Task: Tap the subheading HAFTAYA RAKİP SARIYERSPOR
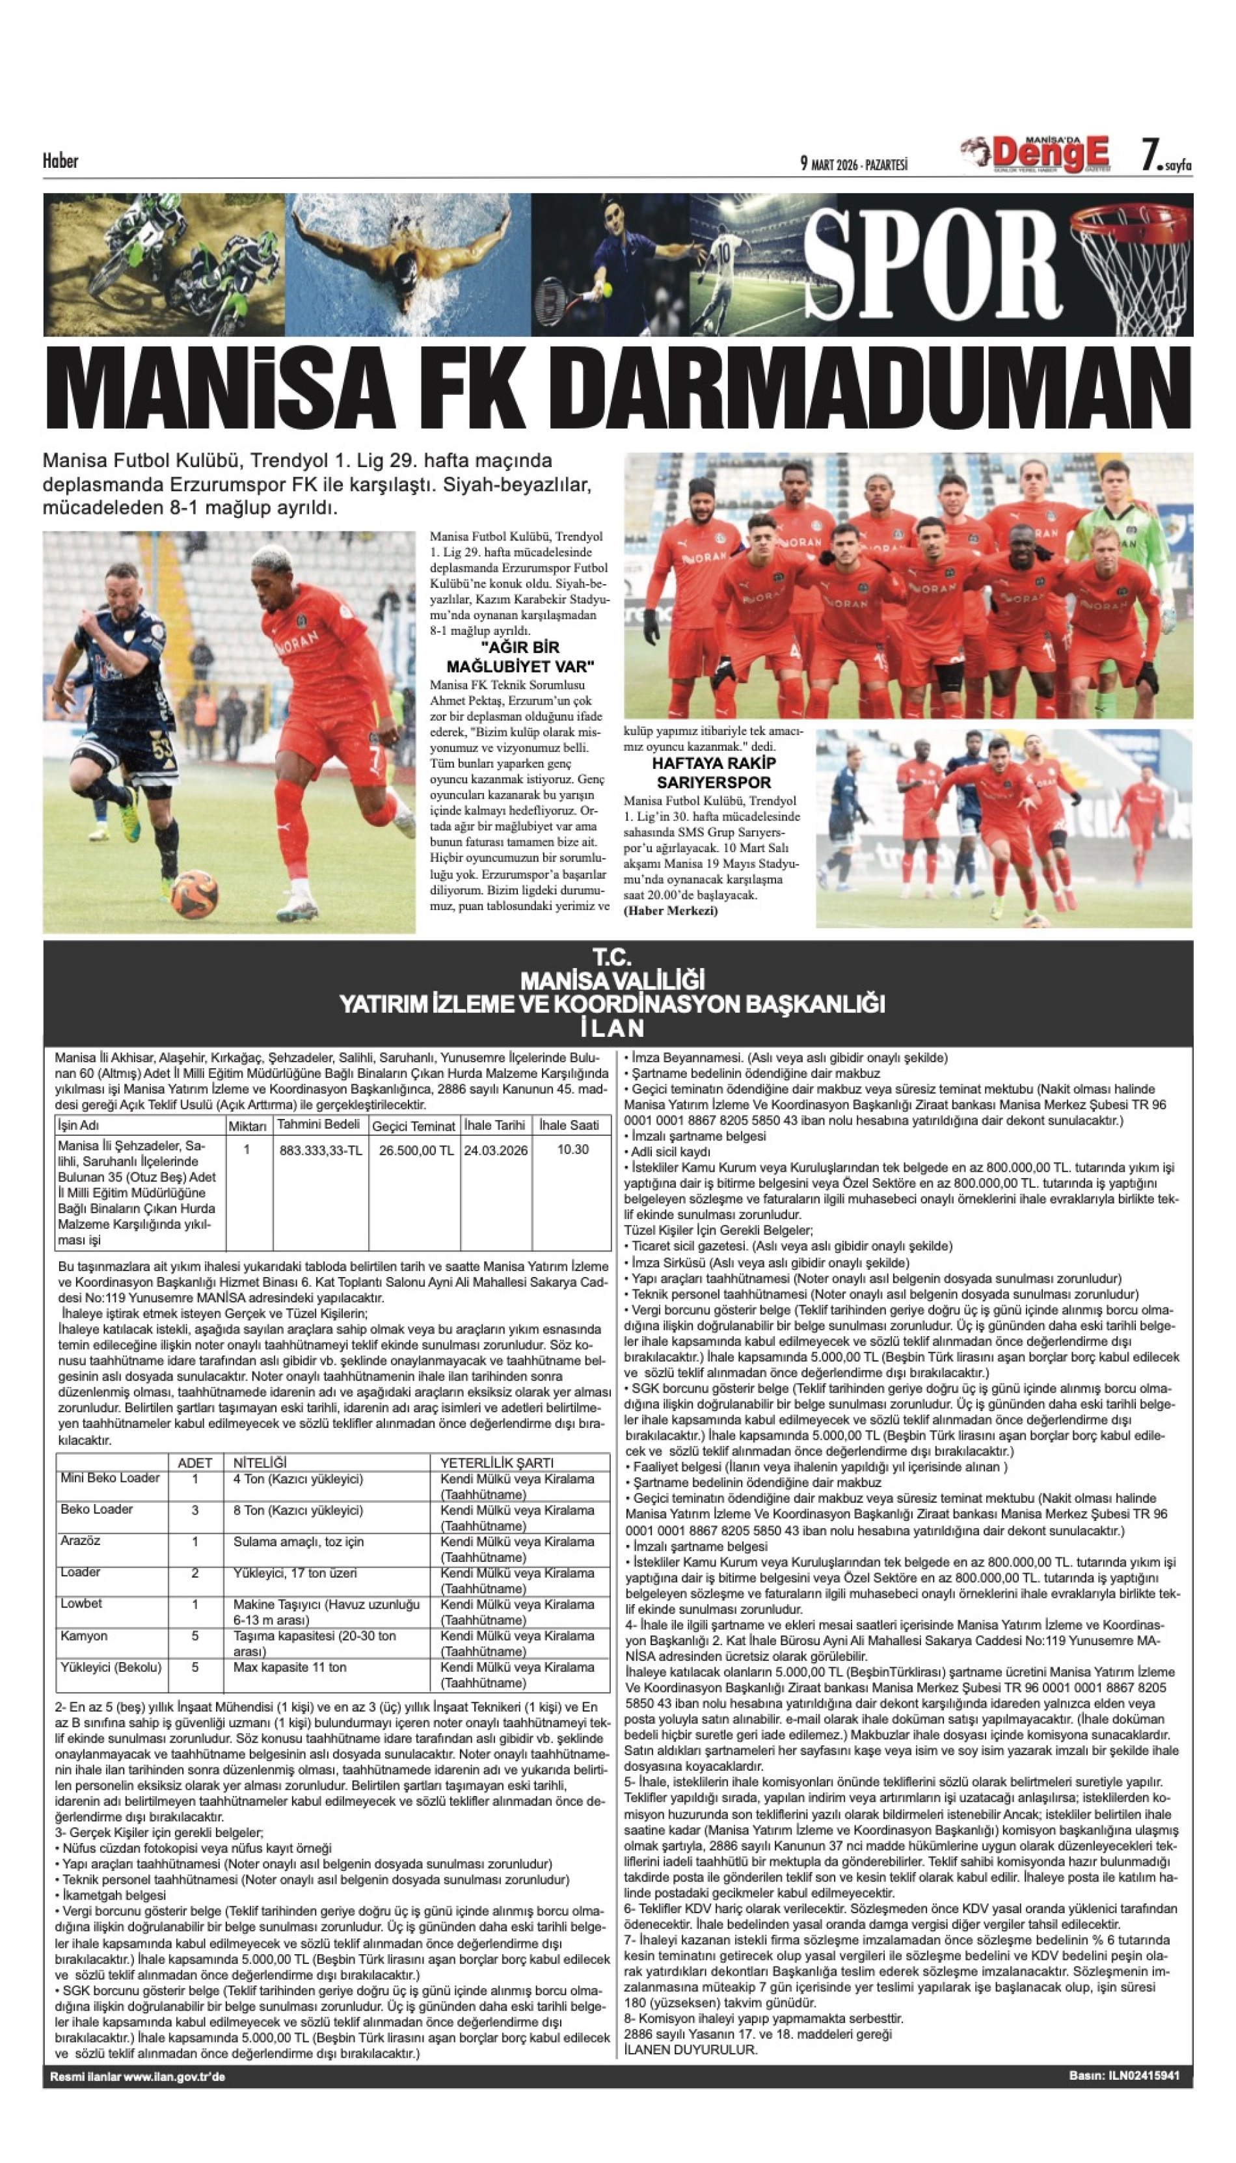tap(713, 773)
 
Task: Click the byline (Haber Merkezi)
tap(671, 911)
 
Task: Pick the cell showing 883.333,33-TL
tap(320, 1150)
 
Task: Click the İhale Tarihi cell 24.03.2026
tap(495, 1150)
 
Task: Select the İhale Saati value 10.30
tap(573, 1149)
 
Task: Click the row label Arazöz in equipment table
tap(81, 1540)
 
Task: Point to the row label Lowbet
tap(81, 1604)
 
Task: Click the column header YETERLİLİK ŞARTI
tap(496, 1462)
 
